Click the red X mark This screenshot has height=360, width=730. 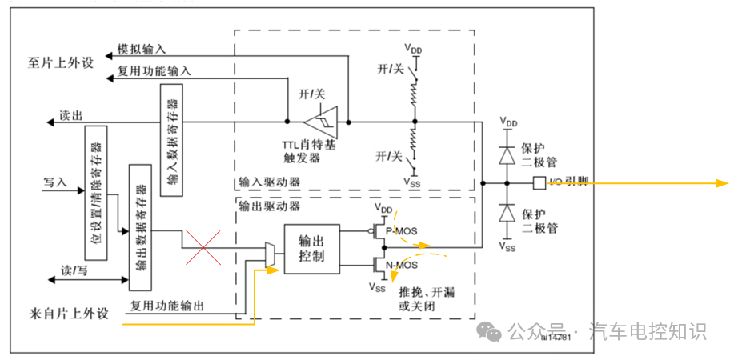point(203,246)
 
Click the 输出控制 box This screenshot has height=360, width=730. point(311,248)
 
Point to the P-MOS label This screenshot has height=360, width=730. point(402,230)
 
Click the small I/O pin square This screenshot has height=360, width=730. point(538,183)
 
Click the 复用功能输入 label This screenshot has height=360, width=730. point(154,70)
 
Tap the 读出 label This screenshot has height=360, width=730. point(70,116)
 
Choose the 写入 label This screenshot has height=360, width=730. point(54,182)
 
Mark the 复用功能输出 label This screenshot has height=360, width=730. point(167,306)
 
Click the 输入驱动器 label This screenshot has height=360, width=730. point(269,182)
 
